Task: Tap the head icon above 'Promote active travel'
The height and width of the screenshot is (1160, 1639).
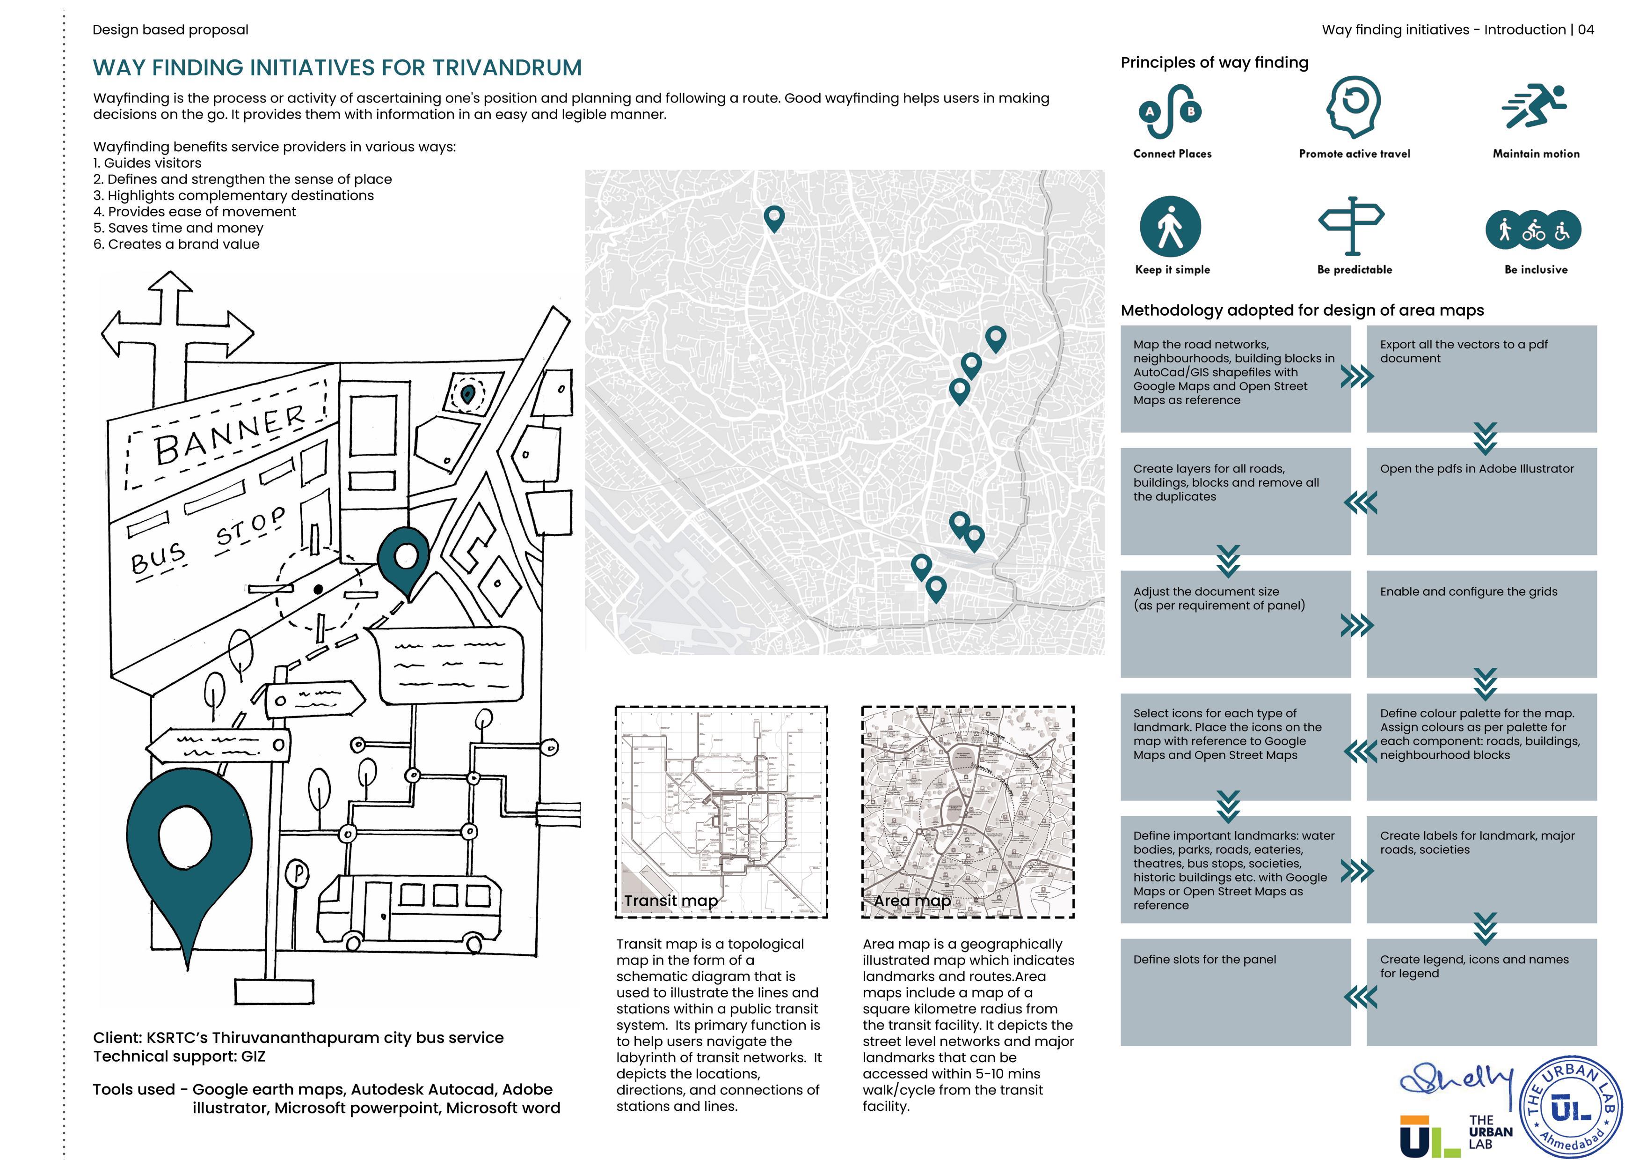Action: pos(1354,107)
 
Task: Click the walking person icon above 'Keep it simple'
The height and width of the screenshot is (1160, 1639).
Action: pos(1170,227)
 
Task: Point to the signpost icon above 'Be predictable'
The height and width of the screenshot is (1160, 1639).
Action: pos(1351,224)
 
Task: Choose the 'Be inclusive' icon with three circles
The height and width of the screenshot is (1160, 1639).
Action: pos(1533,230)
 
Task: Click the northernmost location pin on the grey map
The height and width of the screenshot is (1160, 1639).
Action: pos(774,217)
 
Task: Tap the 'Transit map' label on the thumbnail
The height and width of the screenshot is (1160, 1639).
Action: pos(670,901)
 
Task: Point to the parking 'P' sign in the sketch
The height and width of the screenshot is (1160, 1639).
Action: pos(299,873)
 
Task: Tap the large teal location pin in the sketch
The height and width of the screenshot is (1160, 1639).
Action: pos(189,850)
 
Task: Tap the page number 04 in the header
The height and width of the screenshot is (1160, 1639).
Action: pos(1586,30)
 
